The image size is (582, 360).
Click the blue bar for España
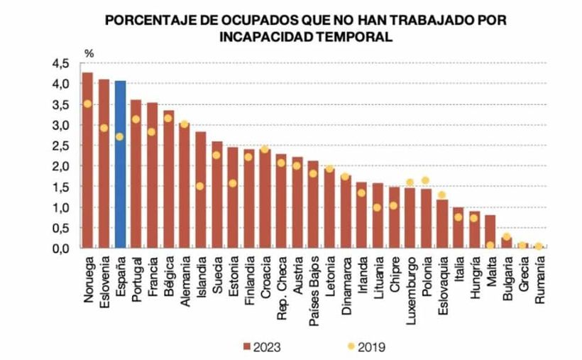(x=120, y=164)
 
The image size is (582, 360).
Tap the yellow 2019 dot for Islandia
(x=201, y=186)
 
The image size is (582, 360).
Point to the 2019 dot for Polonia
(x=426, y=180)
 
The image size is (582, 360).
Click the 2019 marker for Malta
(x=490, y=246)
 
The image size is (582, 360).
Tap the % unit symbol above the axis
(x=89, y=53)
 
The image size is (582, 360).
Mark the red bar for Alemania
(x=184, y=185)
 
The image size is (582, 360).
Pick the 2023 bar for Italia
(x=458, y=228)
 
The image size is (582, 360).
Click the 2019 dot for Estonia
(x=233, y=183)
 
